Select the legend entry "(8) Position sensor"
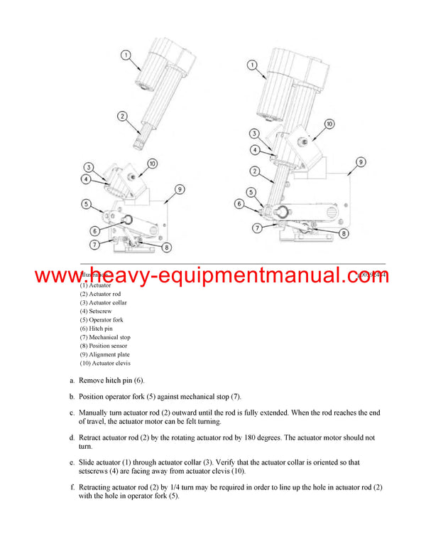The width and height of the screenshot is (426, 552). point(104,346)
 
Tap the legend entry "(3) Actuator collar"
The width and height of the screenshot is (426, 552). point(104,302)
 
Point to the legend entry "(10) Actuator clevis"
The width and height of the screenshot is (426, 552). point(105,363)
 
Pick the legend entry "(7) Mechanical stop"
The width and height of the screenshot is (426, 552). point(105,337)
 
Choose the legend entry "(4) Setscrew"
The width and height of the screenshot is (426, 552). point(96,311)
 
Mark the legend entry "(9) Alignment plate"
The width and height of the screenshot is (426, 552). point(104,354)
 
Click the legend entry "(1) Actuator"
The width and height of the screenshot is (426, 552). point(95,285)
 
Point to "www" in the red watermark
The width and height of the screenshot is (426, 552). point(57,276)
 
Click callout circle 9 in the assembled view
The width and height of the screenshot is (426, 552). point(361,162)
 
